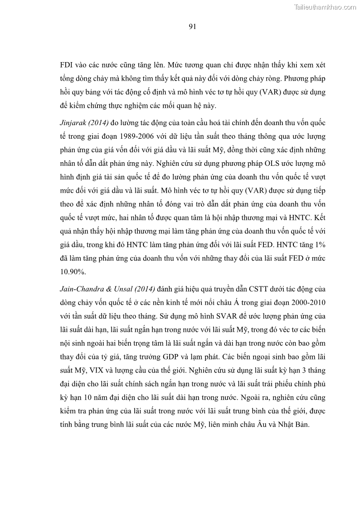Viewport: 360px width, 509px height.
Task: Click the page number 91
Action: click(192, 27)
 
